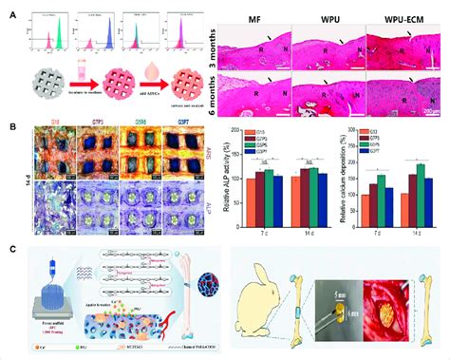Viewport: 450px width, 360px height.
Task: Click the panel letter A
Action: [11, 13]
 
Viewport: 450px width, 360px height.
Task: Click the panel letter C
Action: [11, 249]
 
